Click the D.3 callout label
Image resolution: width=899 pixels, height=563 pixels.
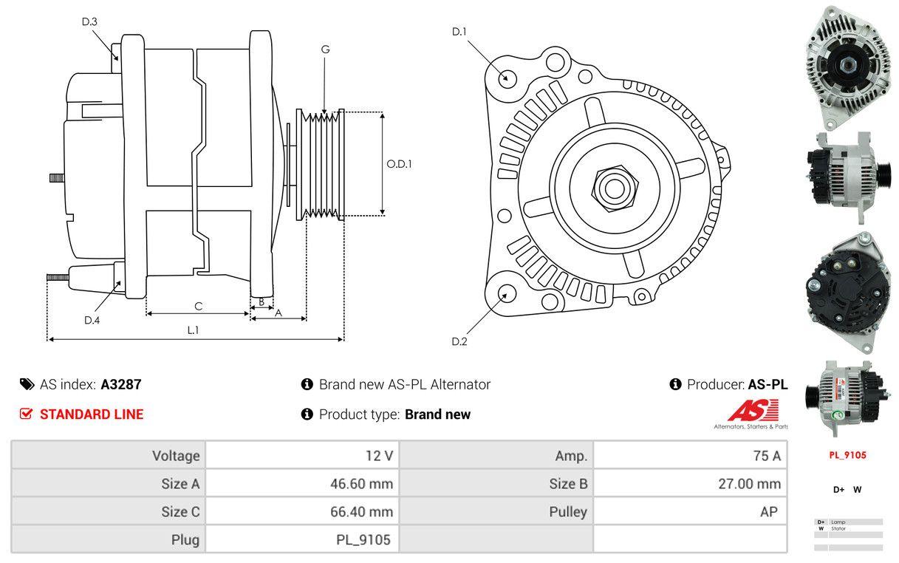click(x=89, y=21)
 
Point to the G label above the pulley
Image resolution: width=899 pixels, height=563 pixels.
click(x=325, y=50)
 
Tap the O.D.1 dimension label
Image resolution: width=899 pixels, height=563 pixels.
click(x=400, y=164)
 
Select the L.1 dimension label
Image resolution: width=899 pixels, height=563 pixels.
click(x=193, y=330)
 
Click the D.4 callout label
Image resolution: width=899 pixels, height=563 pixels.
click(x=92, y=320)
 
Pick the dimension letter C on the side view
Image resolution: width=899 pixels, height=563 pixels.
click(x=198, y=306)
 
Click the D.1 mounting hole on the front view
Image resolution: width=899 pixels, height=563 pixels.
click(x=507, y=78)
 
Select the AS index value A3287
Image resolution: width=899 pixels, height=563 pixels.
click(x=121, y=384)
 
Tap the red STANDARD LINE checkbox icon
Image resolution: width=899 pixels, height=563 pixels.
click(x=27, y=414)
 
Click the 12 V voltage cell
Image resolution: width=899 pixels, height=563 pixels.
click(x=382, y=455)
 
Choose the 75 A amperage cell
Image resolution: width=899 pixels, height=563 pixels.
click(x=766, y=455)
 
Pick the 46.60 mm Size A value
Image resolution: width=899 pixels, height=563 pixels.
click(x=361, y=484)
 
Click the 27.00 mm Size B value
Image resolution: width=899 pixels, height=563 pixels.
click(x=750, y=484)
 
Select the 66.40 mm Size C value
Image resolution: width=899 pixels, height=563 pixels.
click(x=361, y=511)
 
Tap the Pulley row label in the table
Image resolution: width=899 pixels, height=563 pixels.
click(x=568, y=511)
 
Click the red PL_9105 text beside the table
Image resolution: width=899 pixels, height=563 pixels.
click(x=847, y=455)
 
